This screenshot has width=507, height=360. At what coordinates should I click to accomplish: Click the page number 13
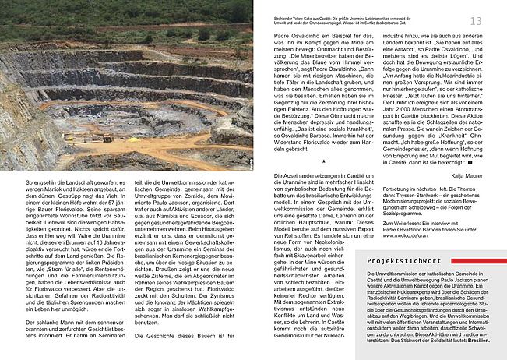[x=496, y=20]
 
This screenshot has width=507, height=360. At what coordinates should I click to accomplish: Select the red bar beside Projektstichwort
[x=474, y=261]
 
